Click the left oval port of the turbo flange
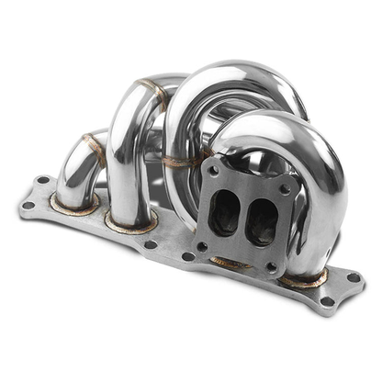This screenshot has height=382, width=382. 224,216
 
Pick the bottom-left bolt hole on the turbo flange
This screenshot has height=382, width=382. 201,246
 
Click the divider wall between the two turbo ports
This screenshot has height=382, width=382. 242,219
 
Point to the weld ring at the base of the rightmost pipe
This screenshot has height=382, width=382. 304,276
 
